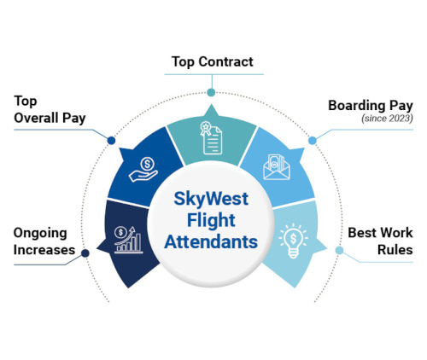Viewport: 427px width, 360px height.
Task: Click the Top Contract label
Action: pos(213,62)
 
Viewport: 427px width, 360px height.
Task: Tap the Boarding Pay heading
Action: pos(371,106)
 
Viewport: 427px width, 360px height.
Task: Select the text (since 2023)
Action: pos(387,119)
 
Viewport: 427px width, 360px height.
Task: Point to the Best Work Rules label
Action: pos(380,241)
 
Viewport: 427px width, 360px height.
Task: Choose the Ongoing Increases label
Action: pos(44,241)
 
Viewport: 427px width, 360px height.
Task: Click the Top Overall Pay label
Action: pos(50,110)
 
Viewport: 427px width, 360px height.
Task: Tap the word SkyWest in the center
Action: pos(211,199)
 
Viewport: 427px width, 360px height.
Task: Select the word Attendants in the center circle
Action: pos(211,242)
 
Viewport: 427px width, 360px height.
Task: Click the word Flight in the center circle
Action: pos(211,220)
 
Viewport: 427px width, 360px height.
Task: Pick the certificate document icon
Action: pos(211,138)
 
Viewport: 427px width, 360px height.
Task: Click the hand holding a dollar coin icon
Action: pos(143,170)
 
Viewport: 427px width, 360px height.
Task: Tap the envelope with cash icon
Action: pos(277,167)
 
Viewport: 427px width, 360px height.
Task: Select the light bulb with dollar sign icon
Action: pos(293,241)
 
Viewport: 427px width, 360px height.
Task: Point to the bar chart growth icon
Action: pos(128,240)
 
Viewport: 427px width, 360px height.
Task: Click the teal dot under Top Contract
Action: pos(211,92)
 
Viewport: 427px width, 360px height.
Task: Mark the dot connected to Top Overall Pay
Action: pos(111,140)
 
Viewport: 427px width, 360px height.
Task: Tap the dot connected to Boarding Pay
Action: pos(313,141)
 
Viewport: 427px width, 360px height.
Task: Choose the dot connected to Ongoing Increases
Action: pos(85,253)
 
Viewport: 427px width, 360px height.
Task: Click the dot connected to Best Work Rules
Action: pos(339,250)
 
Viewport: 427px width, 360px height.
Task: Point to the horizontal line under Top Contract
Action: pos(213,74)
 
